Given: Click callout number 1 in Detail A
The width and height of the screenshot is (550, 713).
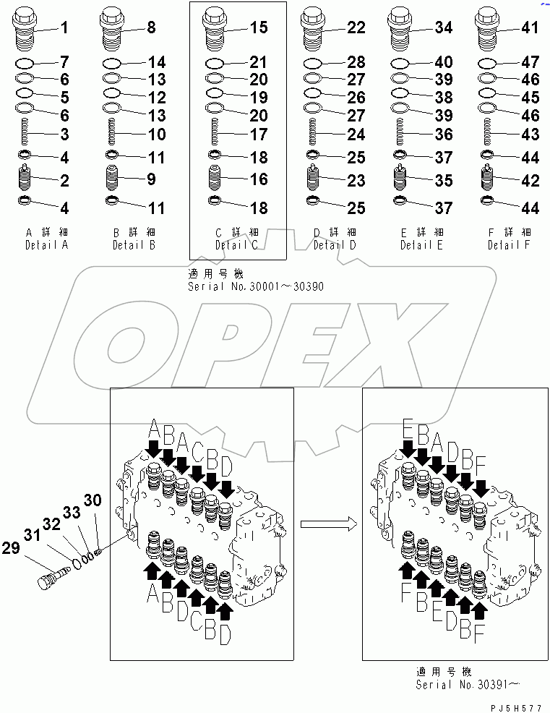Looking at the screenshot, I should click(64, 29).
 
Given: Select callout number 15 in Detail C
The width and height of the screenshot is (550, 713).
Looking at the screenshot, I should click(259, 28).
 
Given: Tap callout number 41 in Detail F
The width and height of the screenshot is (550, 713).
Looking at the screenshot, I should click(530, 28).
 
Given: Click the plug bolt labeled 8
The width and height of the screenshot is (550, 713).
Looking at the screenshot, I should click(113, 27).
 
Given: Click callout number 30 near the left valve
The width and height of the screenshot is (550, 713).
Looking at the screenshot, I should click(93, 500).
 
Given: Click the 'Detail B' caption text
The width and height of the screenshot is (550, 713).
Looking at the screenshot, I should click(134, 245).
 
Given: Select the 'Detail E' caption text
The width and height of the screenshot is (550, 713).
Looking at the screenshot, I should click(422, 245).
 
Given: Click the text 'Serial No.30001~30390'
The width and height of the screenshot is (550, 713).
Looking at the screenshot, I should click(254, 286).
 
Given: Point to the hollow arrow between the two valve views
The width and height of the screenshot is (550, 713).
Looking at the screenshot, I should click(327, 522).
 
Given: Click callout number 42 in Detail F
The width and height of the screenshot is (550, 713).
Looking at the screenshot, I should click(530, 182).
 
